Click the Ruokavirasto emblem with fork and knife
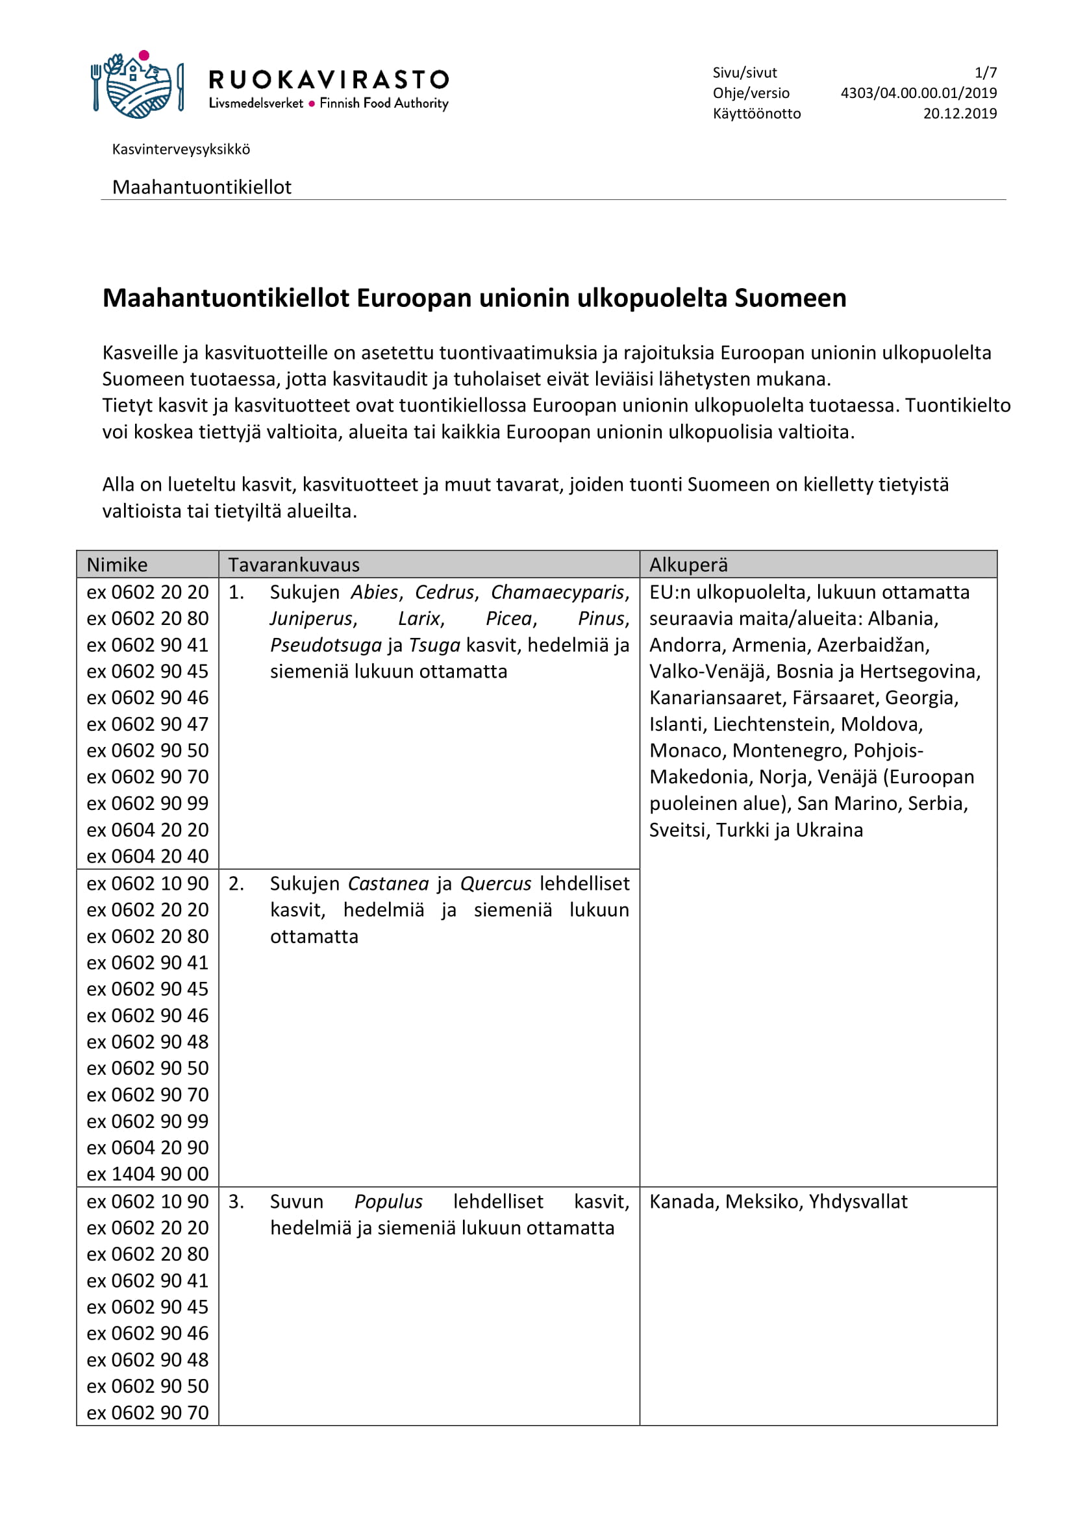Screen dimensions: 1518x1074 coord(137,86)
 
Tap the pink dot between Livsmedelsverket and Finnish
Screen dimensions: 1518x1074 coord(312,104)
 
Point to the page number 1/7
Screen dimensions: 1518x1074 coord(985,73)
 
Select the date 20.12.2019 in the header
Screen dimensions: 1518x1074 coord(960,114)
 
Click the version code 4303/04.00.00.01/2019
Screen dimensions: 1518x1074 coord(919,93)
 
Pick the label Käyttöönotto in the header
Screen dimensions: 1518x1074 coord(756,114)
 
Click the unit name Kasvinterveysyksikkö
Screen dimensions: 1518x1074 coord(181,149)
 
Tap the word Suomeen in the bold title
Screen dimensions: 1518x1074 coord(790,299)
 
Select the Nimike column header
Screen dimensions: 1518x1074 coord(117,565)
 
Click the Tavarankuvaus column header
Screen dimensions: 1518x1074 coord(293,565)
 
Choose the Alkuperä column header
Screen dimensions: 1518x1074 coord(688,565)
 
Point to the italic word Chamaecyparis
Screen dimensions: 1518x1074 coord(557,593)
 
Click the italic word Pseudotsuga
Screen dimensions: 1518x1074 coord(326,645)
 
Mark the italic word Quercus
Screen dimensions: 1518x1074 coord(495,884)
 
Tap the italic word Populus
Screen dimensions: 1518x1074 coord(388,1202)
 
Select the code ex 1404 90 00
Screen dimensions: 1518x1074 coord(147,1174)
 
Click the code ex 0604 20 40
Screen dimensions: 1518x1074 coord(147,856)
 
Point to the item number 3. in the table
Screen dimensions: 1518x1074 coord(236,1202)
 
